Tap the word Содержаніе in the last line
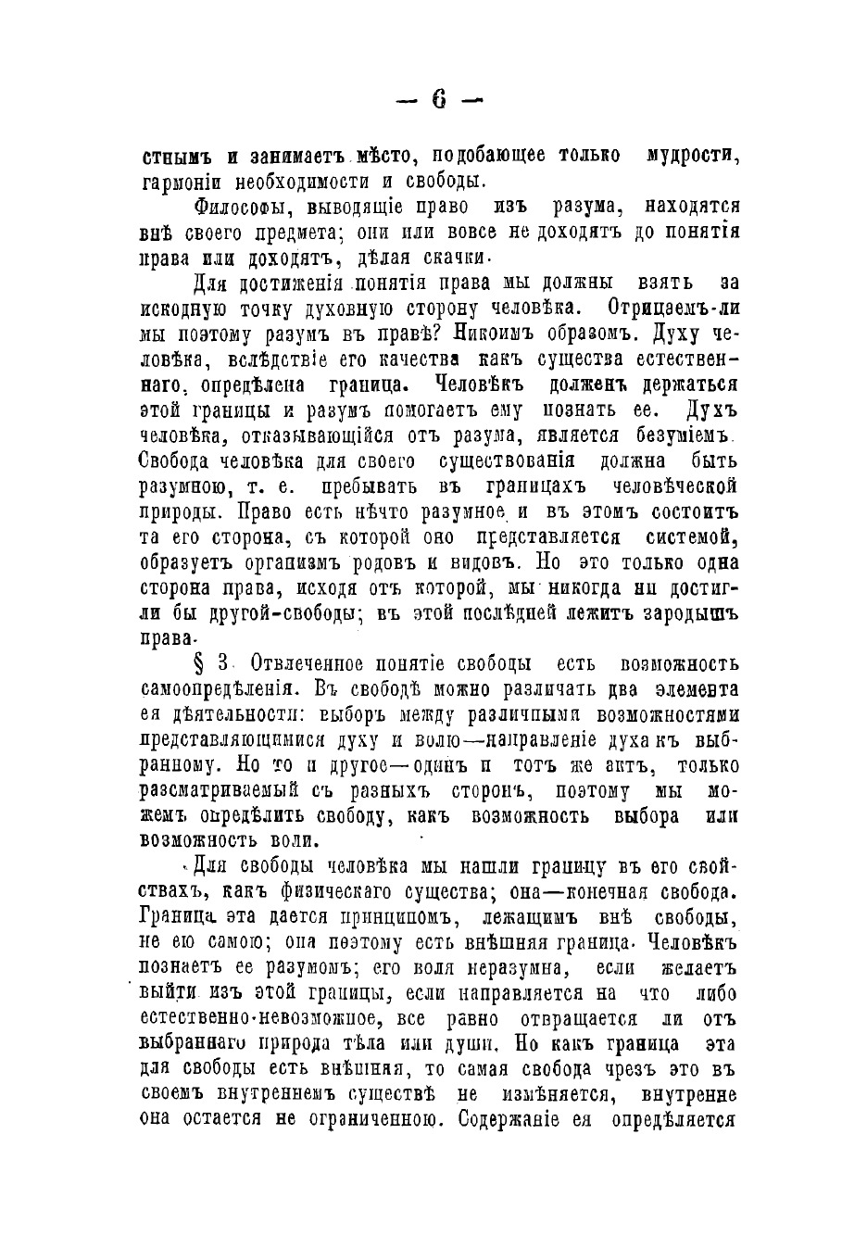coord(519,1118)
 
